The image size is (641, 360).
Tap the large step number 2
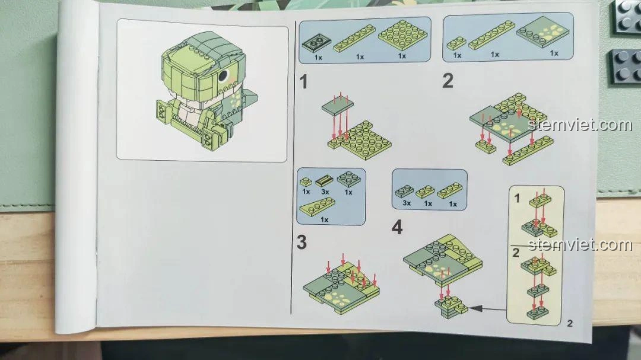click(448, 81)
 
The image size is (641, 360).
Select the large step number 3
click(302, 242)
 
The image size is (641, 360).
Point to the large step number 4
click(397, 227)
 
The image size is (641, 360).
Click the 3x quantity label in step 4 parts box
click(407, 203)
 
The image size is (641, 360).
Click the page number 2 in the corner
click(570, 323)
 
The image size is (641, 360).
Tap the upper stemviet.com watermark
click(580, 125)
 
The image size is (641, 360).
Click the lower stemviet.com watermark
click(580, 244)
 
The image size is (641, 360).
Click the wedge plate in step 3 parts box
click(318, 206)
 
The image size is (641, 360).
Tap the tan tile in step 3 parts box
click(323, 180)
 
